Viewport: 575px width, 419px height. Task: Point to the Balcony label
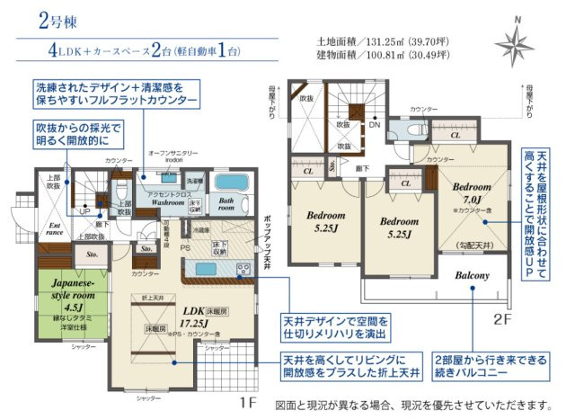[x=472, y=275]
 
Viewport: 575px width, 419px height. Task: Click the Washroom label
[x=168, y=203]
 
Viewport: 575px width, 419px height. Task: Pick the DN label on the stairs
[x=374, y=125]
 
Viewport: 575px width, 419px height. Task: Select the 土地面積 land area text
[x=376, y=40]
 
